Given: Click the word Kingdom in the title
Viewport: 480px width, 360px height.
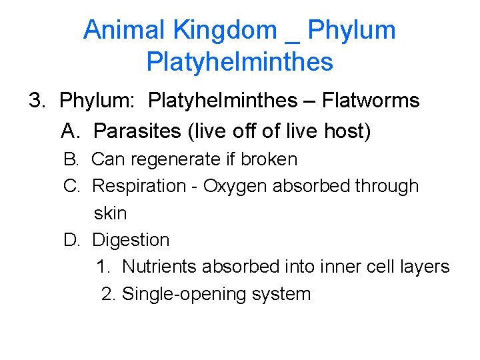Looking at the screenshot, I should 225,30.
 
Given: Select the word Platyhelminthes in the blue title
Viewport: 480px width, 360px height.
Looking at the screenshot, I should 239,62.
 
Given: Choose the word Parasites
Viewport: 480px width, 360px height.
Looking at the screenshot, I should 137,131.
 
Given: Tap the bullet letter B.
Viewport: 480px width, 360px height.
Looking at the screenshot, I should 71,159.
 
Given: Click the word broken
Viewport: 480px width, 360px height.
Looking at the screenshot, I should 269,159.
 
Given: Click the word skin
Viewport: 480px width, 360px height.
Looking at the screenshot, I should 110,213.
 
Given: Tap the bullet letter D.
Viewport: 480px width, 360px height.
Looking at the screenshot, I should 71,240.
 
